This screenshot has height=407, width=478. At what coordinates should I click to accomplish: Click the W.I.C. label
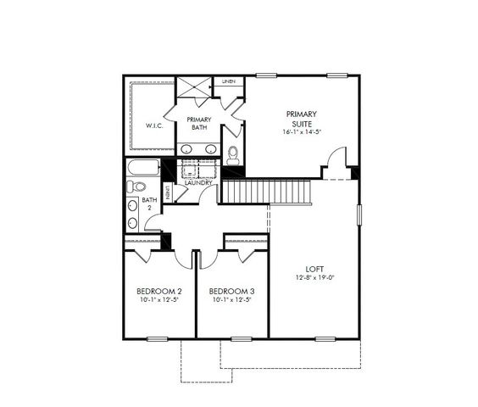pyautogui.click(x=154, y=126)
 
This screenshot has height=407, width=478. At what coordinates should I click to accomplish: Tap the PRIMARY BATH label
pyautogui.click(x=199, y=124)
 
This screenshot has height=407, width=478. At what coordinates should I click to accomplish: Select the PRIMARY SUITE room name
pyautogui.click(x=301, y=118)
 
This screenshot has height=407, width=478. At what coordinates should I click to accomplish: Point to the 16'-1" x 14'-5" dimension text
pyautogui.click(x=301, y=132)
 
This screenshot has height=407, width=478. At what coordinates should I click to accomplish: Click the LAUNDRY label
pyautogui.click(x=198, y=182)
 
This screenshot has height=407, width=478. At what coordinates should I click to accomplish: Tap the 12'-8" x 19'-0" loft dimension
pyautogui.click(x=314, y=278)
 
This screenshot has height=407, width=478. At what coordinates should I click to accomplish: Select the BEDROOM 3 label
pyautogui.click(x=231, y=291)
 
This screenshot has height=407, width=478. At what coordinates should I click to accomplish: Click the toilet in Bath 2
pyautogui.click(x=136, y=187)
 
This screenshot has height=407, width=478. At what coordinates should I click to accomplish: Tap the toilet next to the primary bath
pyautogui.click(x=233, y=154)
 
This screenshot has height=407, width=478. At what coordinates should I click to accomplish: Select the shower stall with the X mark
pyautogui.click(x=193, y=89)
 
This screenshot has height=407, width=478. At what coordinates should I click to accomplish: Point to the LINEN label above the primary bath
pyautogui.click(x=229, y=81)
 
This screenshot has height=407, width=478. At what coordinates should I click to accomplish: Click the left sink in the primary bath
pyautogui.click(x=186, y=149)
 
